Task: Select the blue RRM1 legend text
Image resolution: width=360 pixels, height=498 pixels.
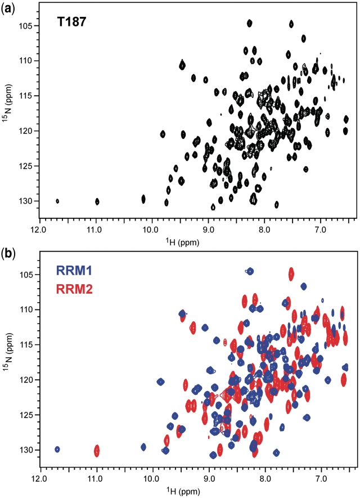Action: [74, 271]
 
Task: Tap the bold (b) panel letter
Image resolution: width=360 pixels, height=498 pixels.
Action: [7, 253]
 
